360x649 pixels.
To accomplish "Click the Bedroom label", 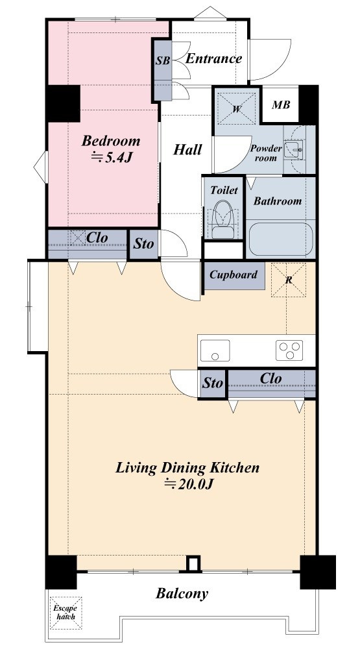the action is [x=110, y=140].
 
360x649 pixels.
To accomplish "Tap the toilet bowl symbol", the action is [x=223, y=219].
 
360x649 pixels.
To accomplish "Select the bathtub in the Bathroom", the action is [x=281, y=239].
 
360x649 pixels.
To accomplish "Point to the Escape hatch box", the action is [x=66, y=613].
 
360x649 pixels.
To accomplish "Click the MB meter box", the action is [x=281, y=104].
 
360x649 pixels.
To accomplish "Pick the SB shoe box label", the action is [x=163, y=60].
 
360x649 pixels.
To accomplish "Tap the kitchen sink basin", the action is [x=215, y=350].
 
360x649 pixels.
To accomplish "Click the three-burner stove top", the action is [x=289, y=350].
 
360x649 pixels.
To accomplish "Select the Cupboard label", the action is [x=234, y=275].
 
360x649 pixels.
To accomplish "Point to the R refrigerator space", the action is [x=289, y=280].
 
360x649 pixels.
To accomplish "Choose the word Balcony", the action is [x=182, y=594].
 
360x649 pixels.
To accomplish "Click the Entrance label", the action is [x=213, y=58].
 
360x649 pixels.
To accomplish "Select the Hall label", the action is [x=187, y=149].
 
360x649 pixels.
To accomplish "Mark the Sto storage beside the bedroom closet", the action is [x=143, y=244].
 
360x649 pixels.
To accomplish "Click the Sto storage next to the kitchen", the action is [x=213, y=384].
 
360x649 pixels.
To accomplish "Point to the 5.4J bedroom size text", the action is [x=111, y=158].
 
